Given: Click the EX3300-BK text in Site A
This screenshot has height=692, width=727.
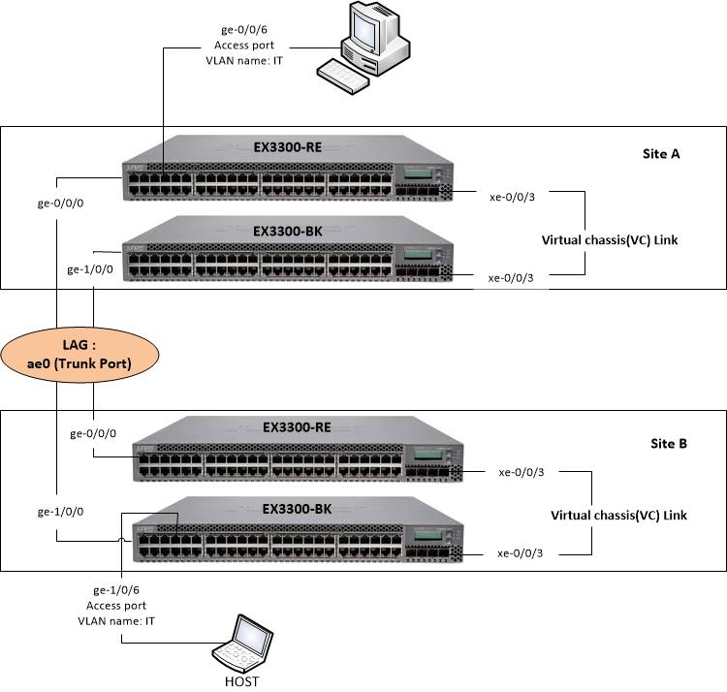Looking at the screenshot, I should coord(288,232).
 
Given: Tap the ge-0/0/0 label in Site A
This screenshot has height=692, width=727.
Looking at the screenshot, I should coord(60,205).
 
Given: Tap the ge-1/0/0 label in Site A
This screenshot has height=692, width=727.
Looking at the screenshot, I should coord(88,269).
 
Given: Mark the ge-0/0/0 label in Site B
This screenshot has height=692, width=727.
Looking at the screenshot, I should coord(93,434).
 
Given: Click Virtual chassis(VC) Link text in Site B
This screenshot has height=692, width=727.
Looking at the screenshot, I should coord(618,515).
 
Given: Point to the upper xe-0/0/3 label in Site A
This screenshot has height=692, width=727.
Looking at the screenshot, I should coord(513,197).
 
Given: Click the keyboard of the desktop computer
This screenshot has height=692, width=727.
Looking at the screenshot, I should coord(343,75).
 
